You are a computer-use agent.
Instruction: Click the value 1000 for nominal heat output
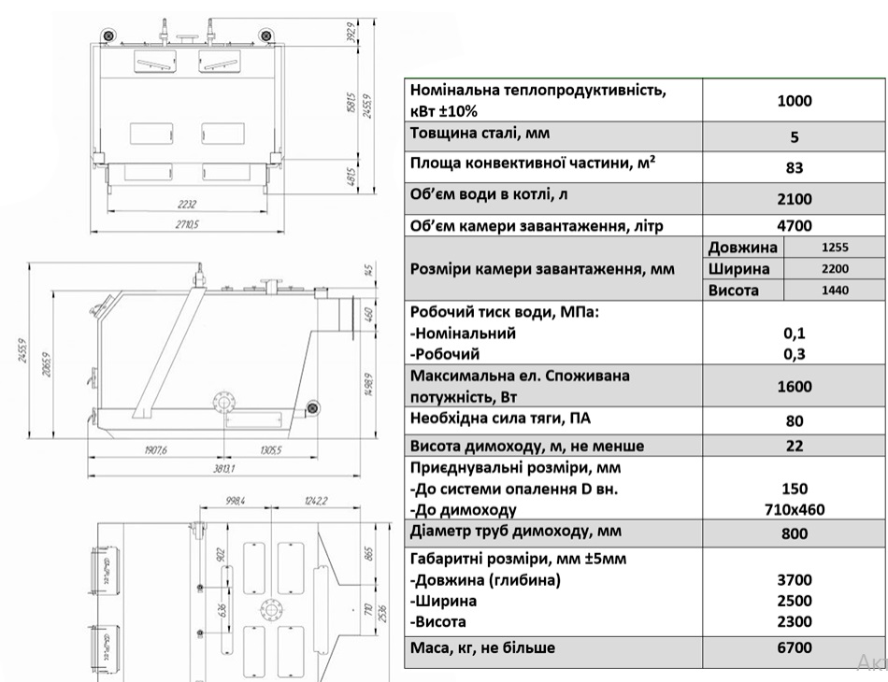click(795, 101)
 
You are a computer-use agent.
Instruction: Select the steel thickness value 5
click(795, 136)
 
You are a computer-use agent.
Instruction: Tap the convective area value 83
click(795, 168)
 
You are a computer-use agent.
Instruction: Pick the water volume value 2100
click(795, 199)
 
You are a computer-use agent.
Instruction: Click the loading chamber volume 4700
click(795, 225)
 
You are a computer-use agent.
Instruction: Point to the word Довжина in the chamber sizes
click(743, 248)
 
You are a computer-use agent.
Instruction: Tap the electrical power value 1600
click(795, 387)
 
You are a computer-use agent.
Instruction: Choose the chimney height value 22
click(795, 446)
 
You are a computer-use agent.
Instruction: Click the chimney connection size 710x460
click(795, 509)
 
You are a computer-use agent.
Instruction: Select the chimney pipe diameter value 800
click(795, 535)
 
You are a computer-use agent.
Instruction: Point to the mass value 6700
click(795, 647)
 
